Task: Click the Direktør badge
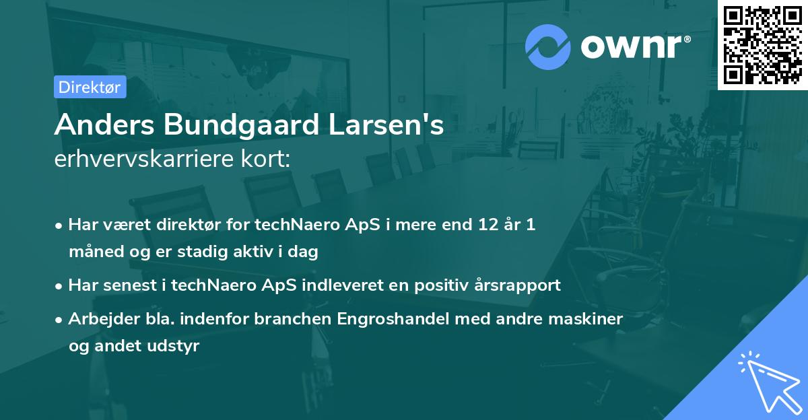(90, 87)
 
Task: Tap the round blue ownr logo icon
(549, 46)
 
